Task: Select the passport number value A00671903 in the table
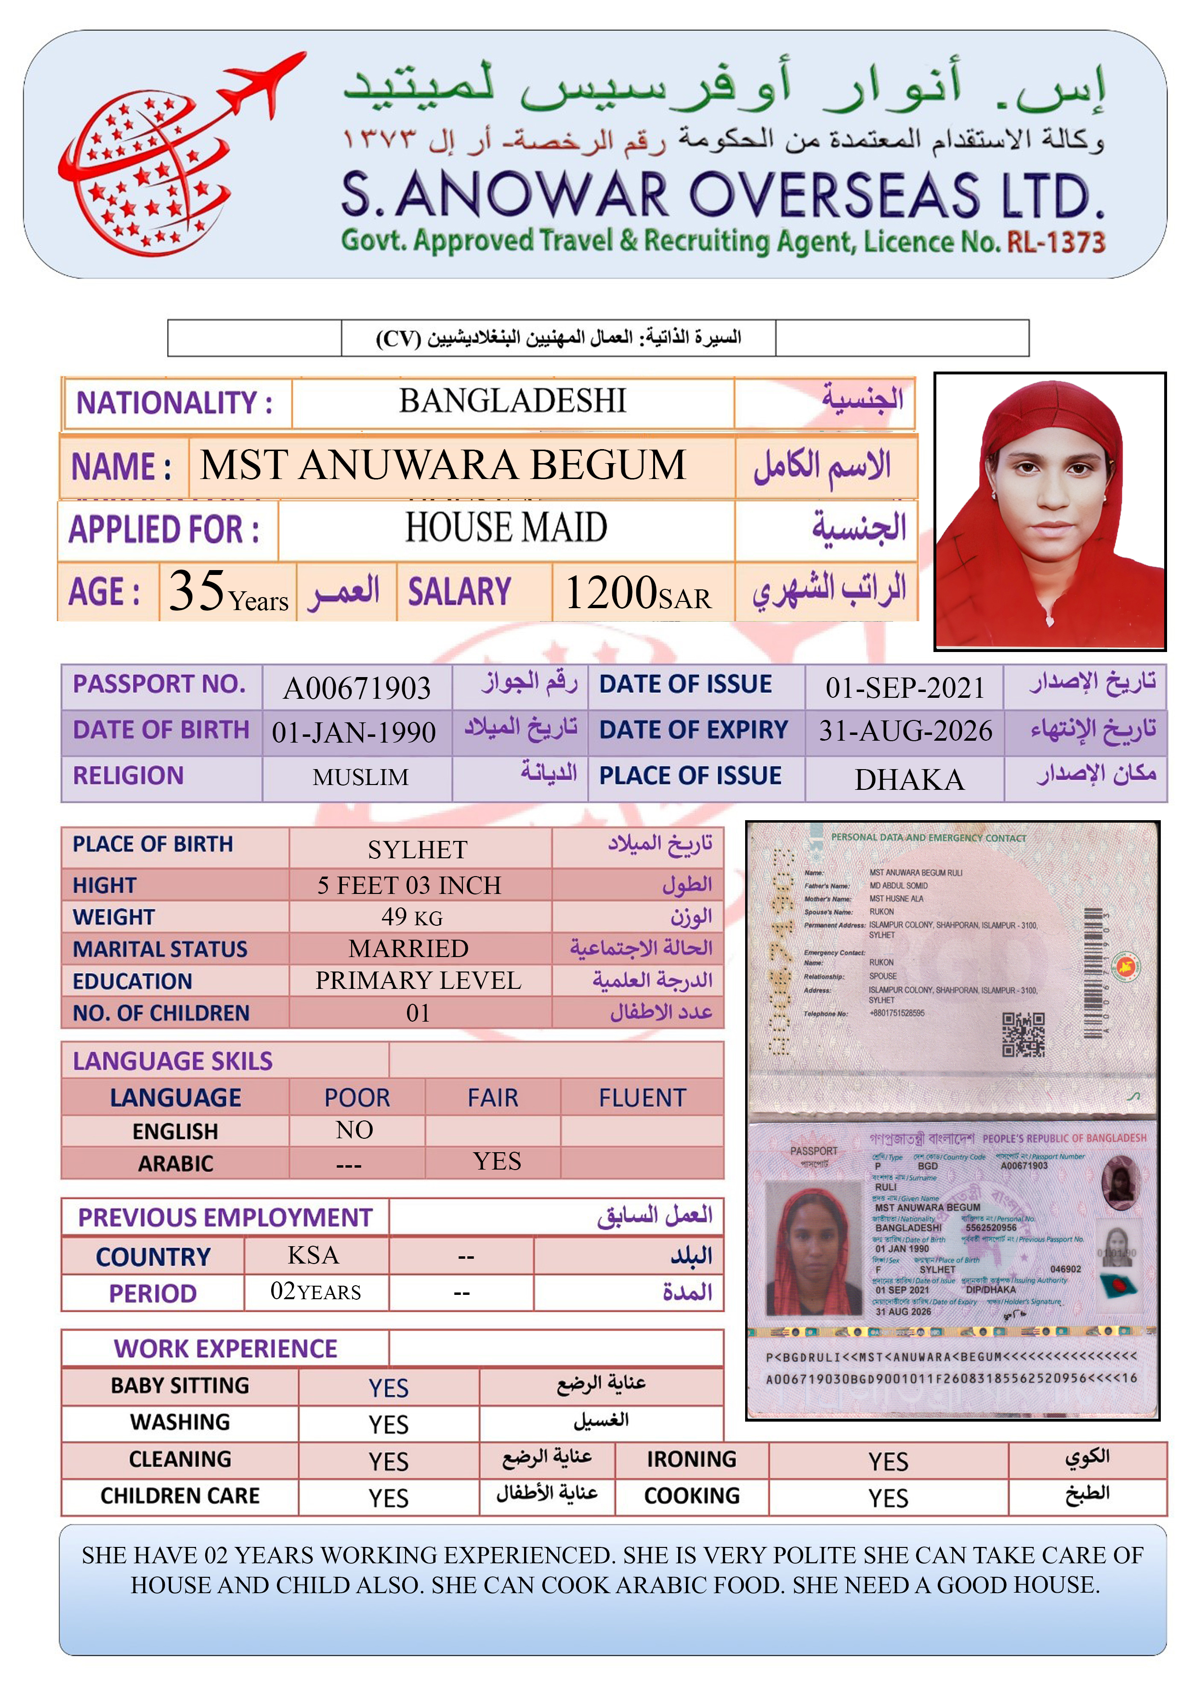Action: (357, 688)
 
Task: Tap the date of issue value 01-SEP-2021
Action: (905, 687)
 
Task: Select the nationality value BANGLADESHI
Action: (512, 401)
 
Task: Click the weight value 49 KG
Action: (412, 917)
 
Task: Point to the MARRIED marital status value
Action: (408, 948)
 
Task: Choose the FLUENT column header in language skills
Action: (642, 1098)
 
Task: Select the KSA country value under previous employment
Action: (314, 1255)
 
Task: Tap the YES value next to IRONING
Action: (888, 1461)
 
